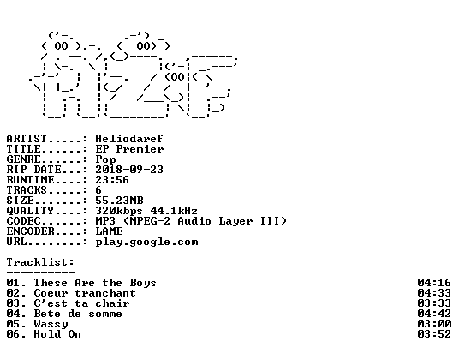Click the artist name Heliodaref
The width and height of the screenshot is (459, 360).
(129, 139)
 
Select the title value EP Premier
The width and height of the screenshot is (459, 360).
(129, 149)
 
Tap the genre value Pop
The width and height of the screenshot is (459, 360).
(105, 159)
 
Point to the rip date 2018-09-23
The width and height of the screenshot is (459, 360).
(129, 170)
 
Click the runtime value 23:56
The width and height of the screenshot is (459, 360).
(112, 180)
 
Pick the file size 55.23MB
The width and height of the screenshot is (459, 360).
(119, 201)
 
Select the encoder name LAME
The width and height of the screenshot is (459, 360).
(110, 231)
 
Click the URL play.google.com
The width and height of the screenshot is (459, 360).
(146, 243)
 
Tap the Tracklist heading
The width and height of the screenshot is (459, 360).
(40, 262)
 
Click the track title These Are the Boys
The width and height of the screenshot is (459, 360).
(95, 283)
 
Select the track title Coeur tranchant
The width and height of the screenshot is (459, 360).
(85, 293)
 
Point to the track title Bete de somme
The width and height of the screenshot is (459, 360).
(78, 314)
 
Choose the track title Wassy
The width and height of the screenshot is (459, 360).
(51, 324)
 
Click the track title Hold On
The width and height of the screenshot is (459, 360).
(57, 334)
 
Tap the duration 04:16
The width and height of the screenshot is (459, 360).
(434, 283)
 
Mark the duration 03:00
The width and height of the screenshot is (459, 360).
(434, 324)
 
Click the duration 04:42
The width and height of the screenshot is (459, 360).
(434, 314)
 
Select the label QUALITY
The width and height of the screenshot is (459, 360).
(30, 211)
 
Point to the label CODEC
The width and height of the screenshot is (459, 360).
(23, 221)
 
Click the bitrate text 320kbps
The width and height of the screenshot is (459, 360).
(119, 211)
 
